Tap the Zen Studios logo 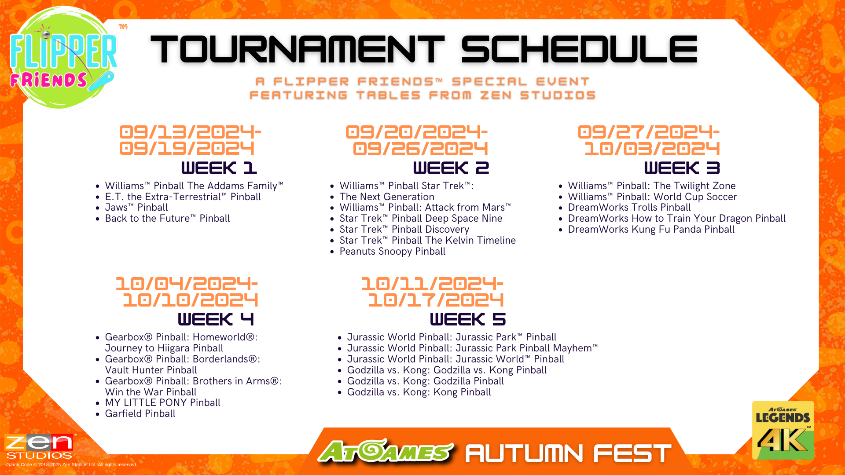click(40, 446)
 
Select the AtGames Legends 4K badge click(783, 430)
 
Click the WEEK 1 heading click(219, 168)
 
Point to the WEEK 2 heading click(451, 168)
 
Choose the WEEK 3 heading click(682, 168)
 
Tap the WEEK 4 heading click(216, 319)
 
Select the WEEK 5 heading click(468, 319)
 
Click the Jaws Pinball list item click(136, 208)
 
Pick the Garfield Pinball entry click(140, 414)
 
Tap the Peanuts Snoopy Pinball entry click(393, 252)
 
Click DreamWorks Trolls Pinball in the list click(629, 208)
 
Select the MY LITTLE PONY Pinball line click(163, 403)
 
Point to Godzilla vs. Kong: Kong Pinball click(419, 392)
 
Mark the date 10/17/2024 click(436, 300)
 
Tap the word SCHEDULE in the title click(579, 49)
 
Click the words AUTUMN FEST click(568, 453)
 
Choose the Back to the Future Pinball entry click(167, 219)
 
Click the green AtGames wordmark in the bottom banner click(386, 451)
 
